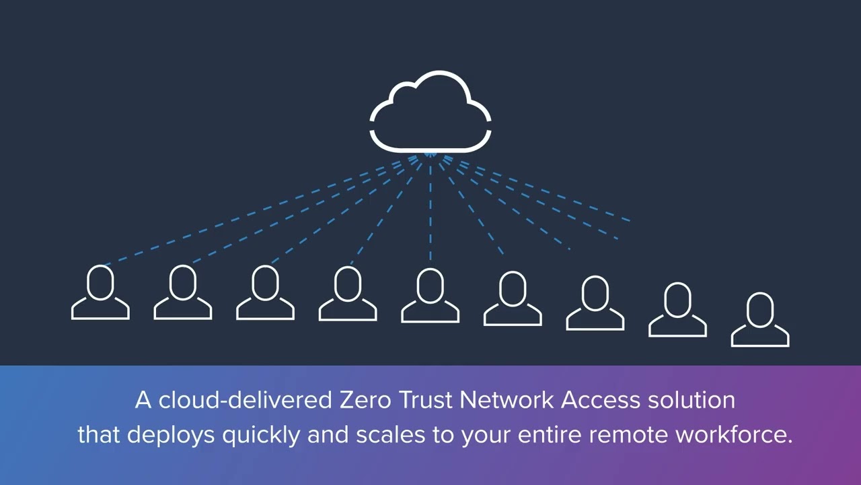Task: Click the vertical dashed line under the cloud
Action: (430, 209)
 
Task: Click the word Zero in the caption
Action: (361, 400)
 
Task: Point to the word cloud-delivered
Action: (244, 400)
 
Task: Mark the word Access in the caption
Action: (601, 400)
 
